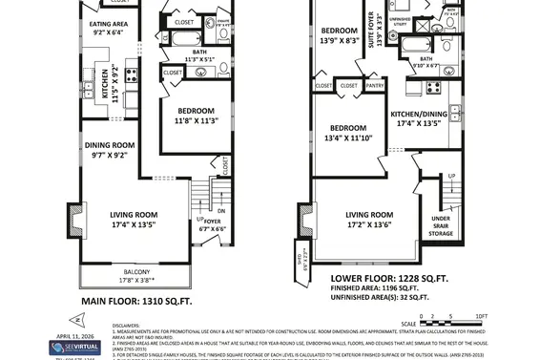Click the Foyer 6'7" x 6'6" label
(x=211, y=224)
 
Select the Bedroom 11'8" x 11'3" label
(x=196, y=116)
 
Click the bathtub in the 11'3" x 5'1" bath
(x=181, y=39)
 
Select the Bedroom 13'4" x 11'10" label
(x=348, y=132)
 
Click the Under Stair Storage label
(x=441, y=224)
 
